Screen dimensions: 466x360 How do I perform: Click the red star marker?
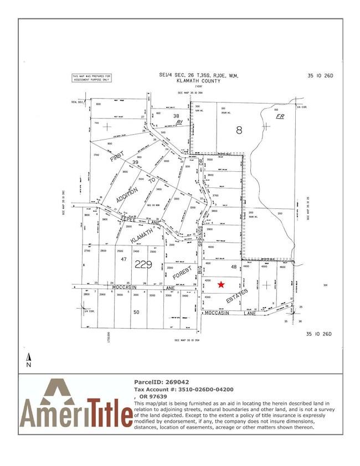[221, 284]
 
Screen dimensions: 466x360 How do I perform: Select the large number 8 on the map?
[239, 131]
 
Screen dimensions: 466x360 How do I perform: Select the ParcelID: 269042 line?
[162, 382]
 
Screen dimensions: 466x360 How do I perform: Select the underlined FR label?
[280, 118]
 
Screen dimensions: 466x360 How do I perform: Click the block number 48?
[234, 267]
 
